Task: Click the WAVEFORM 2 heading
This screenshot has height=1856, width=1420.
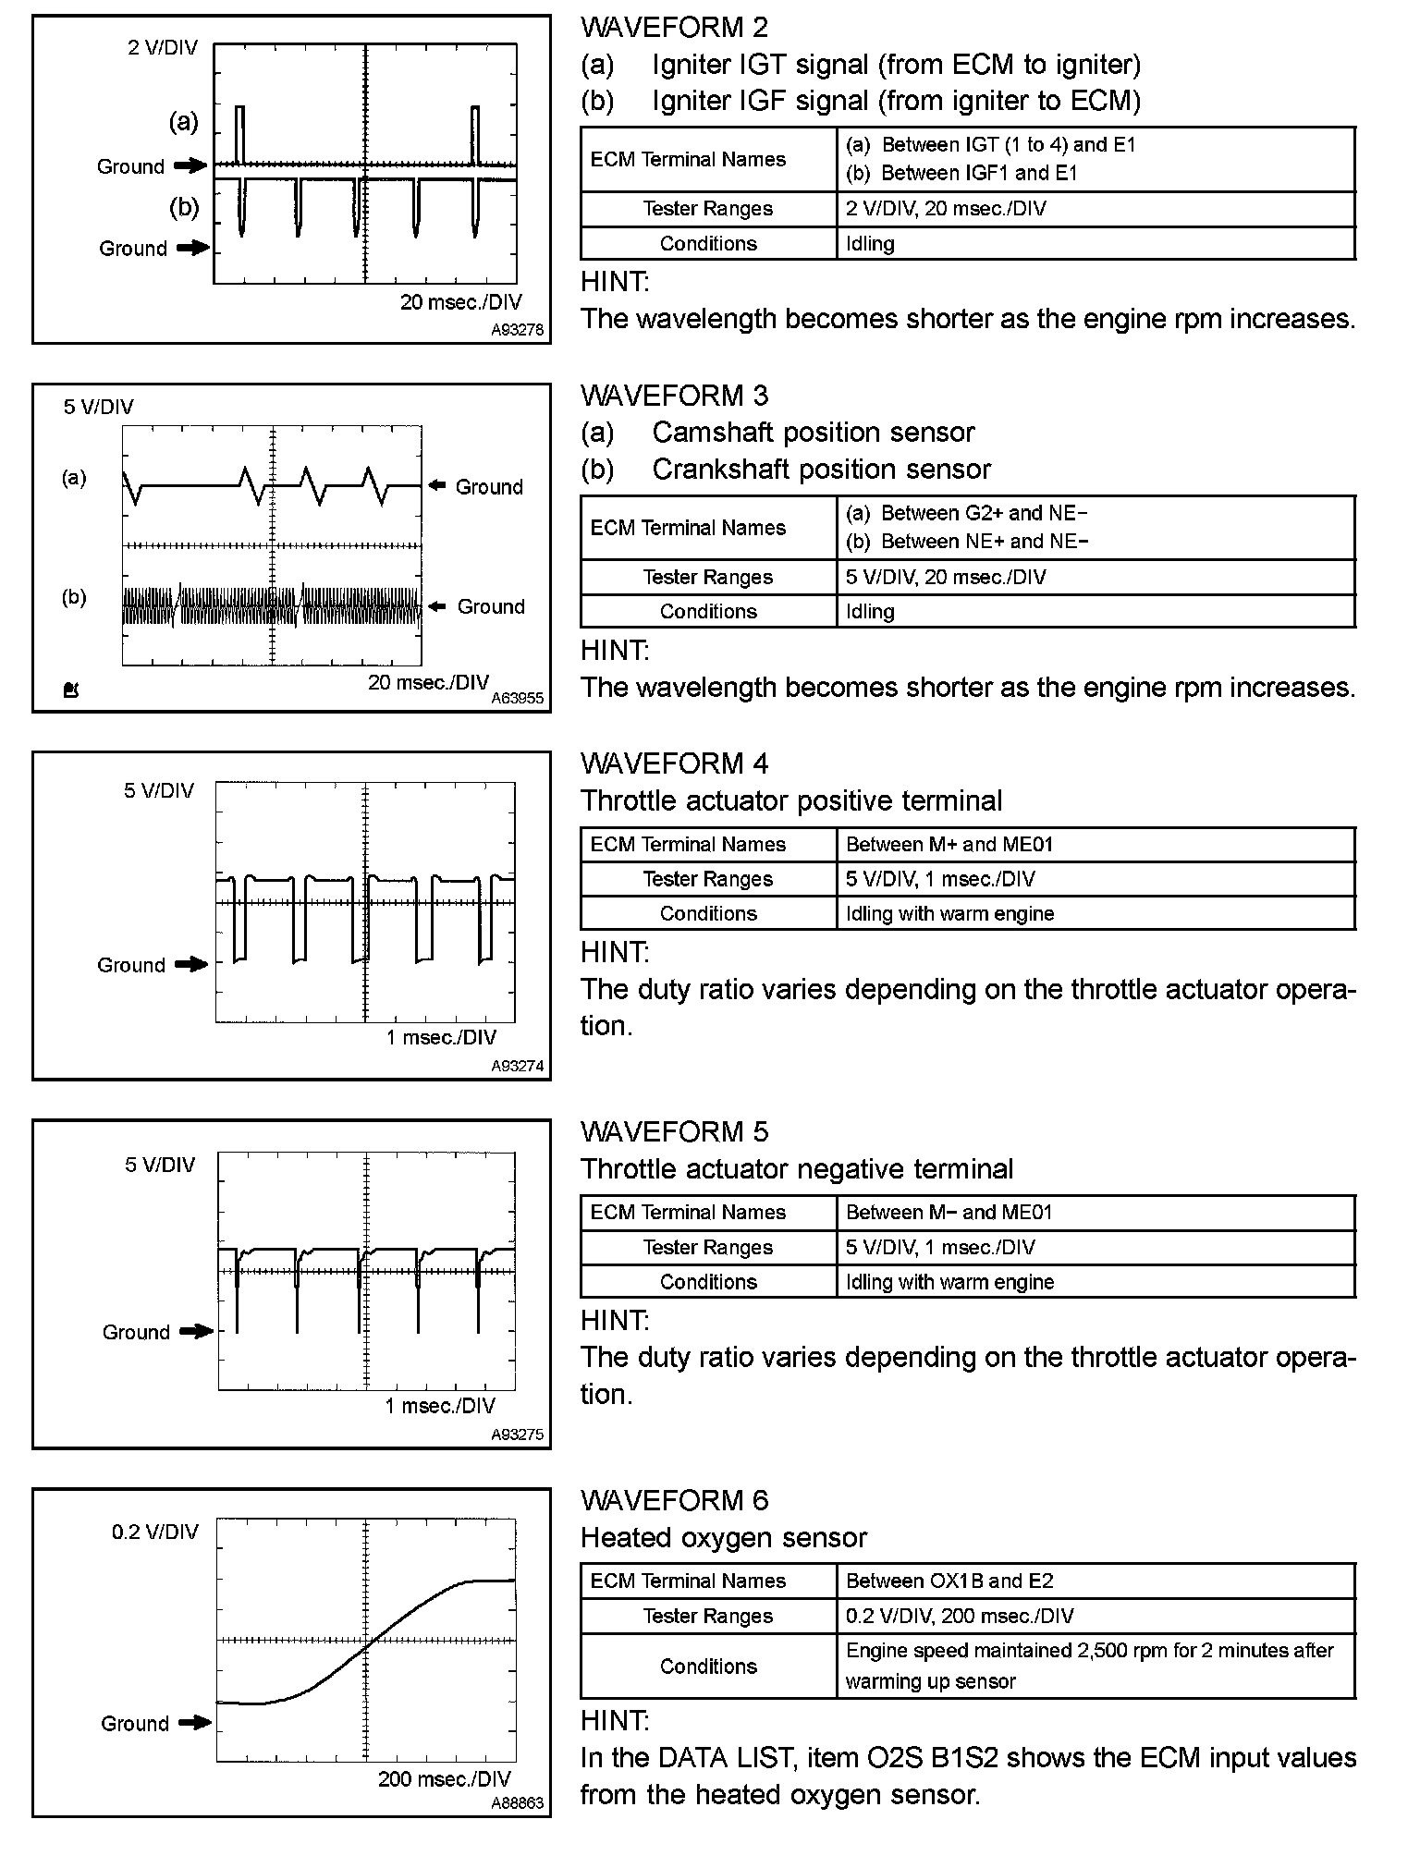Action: click(x=674, y=28)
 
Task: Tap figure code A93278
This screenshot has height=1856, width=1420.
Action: click(x=517, y=330)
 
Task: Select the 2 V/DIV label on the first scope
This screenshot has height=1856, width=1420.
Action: click(x=163, y=48)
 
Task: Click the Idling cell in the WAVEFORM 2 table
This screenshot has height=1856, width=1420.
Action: click(x=870, y=244)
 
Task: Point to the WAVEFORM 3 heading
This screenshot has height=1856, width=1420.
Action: click(x=674, y=396)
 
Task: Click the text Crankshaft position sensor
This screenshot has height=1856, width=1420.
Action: click(x=821, y=470)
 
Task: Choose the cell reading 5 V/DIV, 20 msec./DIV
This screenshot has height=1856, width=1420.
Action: click(x=945, y=578)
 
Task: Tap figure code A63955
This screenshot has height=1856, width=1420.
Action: click(x=517, y=699)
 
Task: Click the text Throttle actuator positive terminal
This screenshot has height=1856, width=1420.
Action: click(x=791, y=800)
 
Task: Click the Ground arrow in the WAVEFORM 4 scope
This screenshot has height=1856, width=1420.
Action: click(x=192, y=965)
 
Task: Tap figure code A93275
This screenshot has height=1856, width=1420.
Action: click(x=517, y=1435)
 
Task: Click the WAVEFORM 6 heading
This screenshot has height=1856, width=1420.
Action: click(x=674, y=1500)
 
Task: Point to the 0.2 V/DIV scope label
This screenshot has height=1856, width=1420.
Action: click(x=155, y=1532)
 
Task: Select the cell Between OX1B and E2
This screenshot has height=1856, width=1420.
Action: click(x=949, y=1581)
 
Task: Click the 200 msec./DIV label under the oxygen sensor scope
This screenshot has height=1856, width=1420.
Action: click(x=444, y=1779)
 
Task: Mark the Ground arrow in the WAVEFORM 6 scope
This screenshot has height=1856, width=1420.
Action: click(x=195, y=1723)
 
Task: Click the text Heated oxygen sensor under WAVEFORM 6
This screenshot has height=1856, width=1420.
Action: click(x=724, y=1538)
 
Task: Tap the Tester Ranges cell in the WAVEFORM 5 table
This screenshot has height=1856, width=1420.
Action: click(x=708, y=1248)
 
